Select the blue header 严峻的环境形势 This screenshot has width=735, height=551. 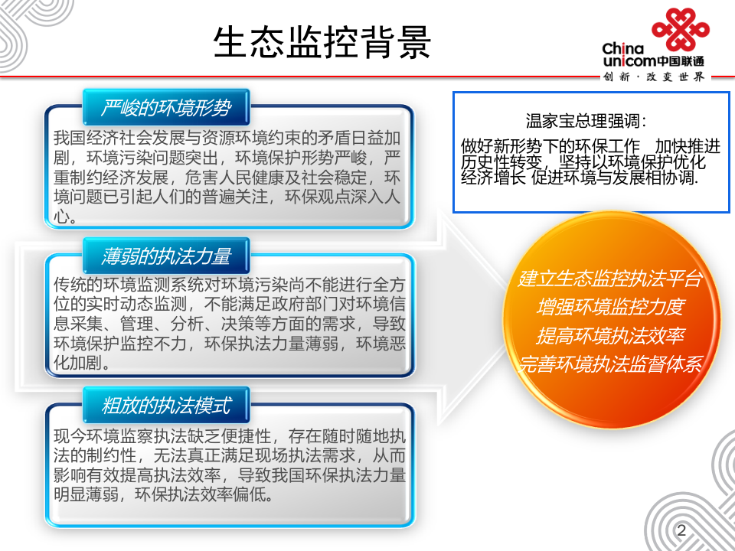coord(165,107)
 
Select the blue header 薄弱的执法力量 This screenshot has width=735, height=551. coord(165,255)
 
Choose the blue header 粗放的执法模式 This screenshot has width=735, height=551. coord(165,404)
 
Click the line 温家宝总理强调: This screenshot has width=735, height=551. coord(586,121)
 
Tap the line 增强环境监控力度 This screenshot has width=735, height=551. coord(610,308)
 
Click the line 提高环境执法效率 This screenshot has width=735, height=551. coord(610,336)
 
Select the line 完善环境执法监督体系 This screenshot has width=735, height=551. coord(610,365)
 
